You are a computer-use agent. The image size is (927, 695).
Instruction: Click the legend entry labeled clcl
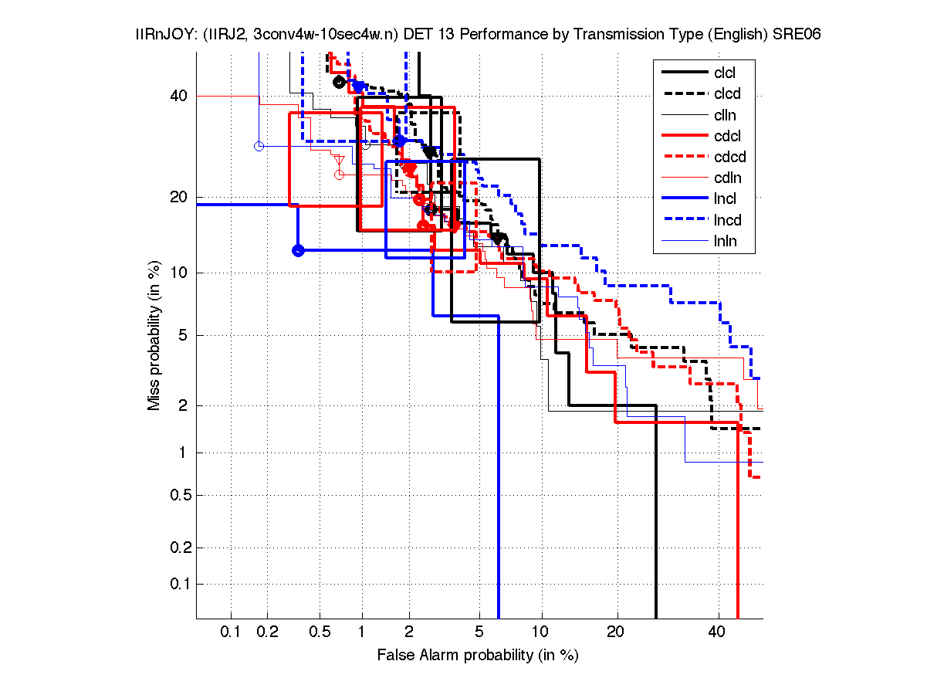725,73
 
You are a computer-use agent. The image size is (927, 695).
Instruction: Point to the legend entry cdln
726,178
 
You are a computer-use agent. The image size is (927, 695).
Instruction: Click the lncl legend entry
725,199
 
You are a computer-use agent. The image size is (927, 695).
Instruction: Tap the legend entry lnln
725,241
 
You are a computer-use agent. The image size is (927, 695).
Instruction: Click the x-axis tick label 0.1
231,632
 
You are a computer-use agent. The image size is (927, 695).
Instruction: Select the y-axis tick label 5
183,336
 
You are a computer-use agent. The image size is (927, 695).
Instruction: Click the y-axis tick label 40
179,96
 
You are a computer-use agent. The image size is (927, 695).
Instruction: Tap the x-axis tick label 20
614,632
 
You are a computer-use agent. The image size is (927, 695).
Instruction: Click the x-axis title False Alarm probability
477,656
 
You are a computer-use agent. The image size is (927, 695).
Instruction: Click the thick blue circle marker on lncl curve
298,250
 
